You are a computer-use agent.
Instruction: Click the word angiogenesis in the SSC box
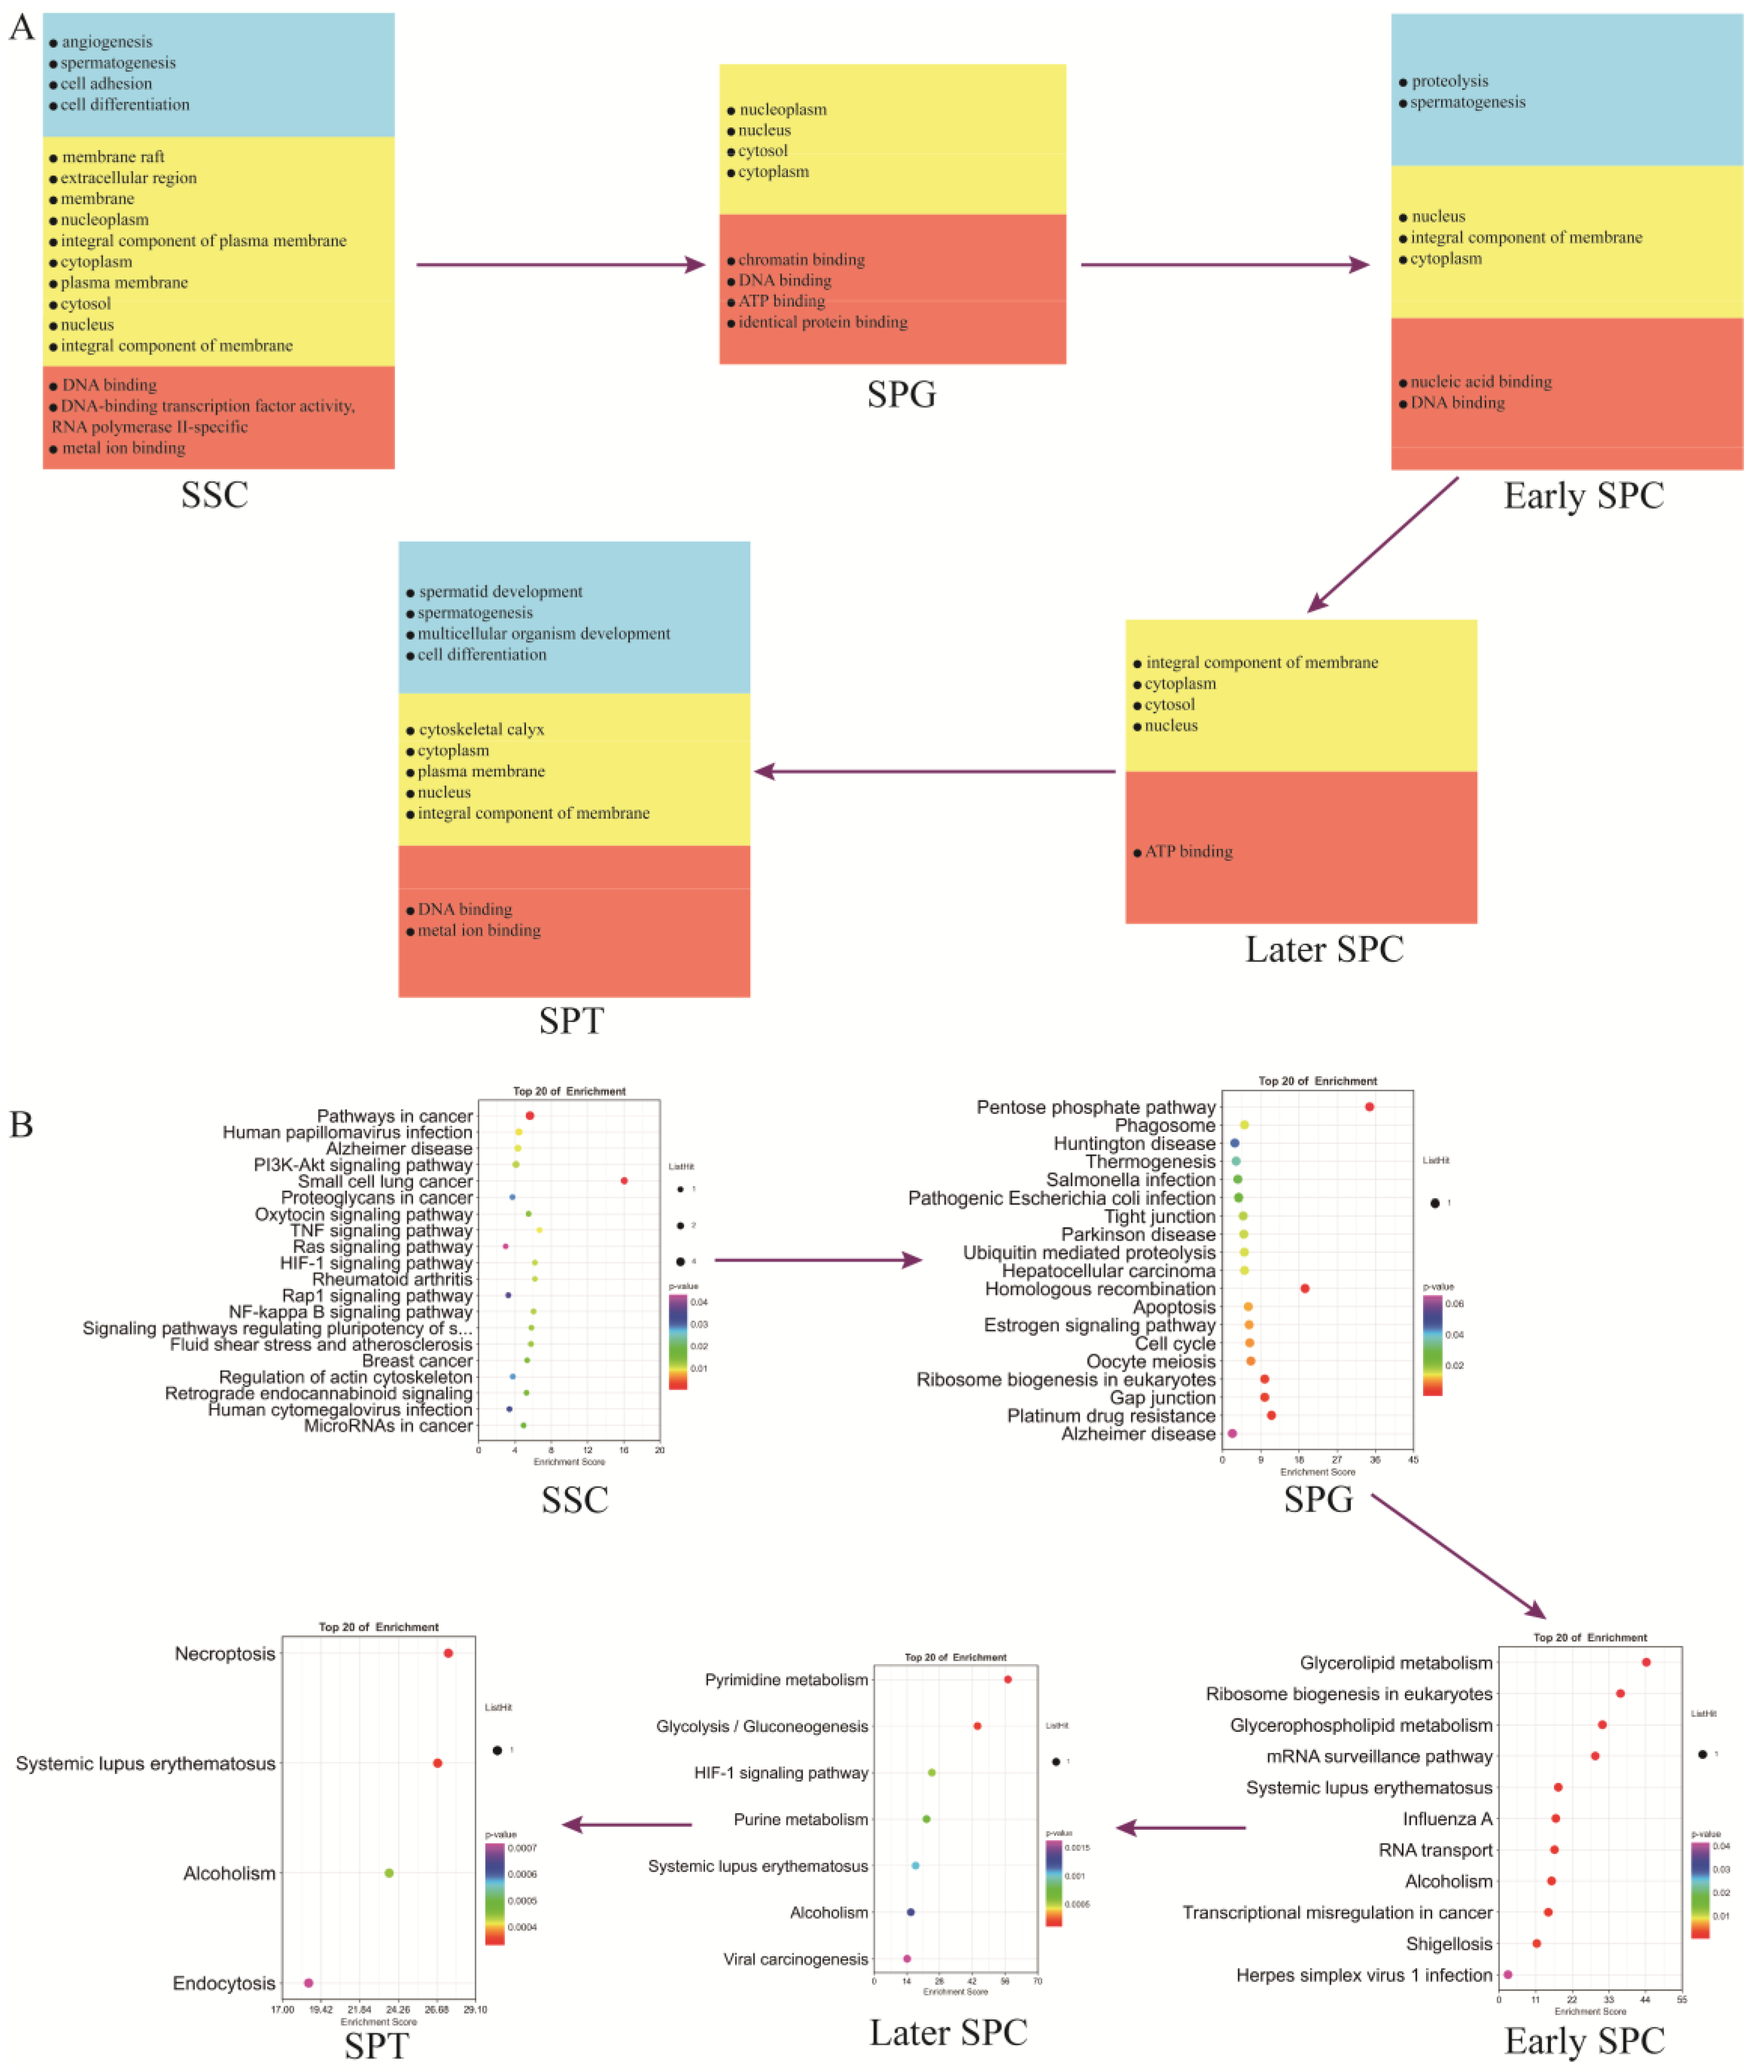tap(107, 42)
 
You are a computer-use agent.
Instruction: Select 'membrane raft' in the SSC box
tap(113, 157)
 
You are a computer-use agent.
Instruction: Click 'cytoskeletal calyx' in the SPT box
tap(481, 729)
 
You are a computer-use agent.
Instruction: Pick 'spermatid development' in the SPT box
tap(499, 592)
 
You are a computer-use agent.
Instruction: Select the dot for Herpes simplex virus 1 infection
tap(1508, 1974)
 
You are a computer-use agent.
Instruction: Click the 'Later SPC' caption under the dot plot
tap(948, 2032)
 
